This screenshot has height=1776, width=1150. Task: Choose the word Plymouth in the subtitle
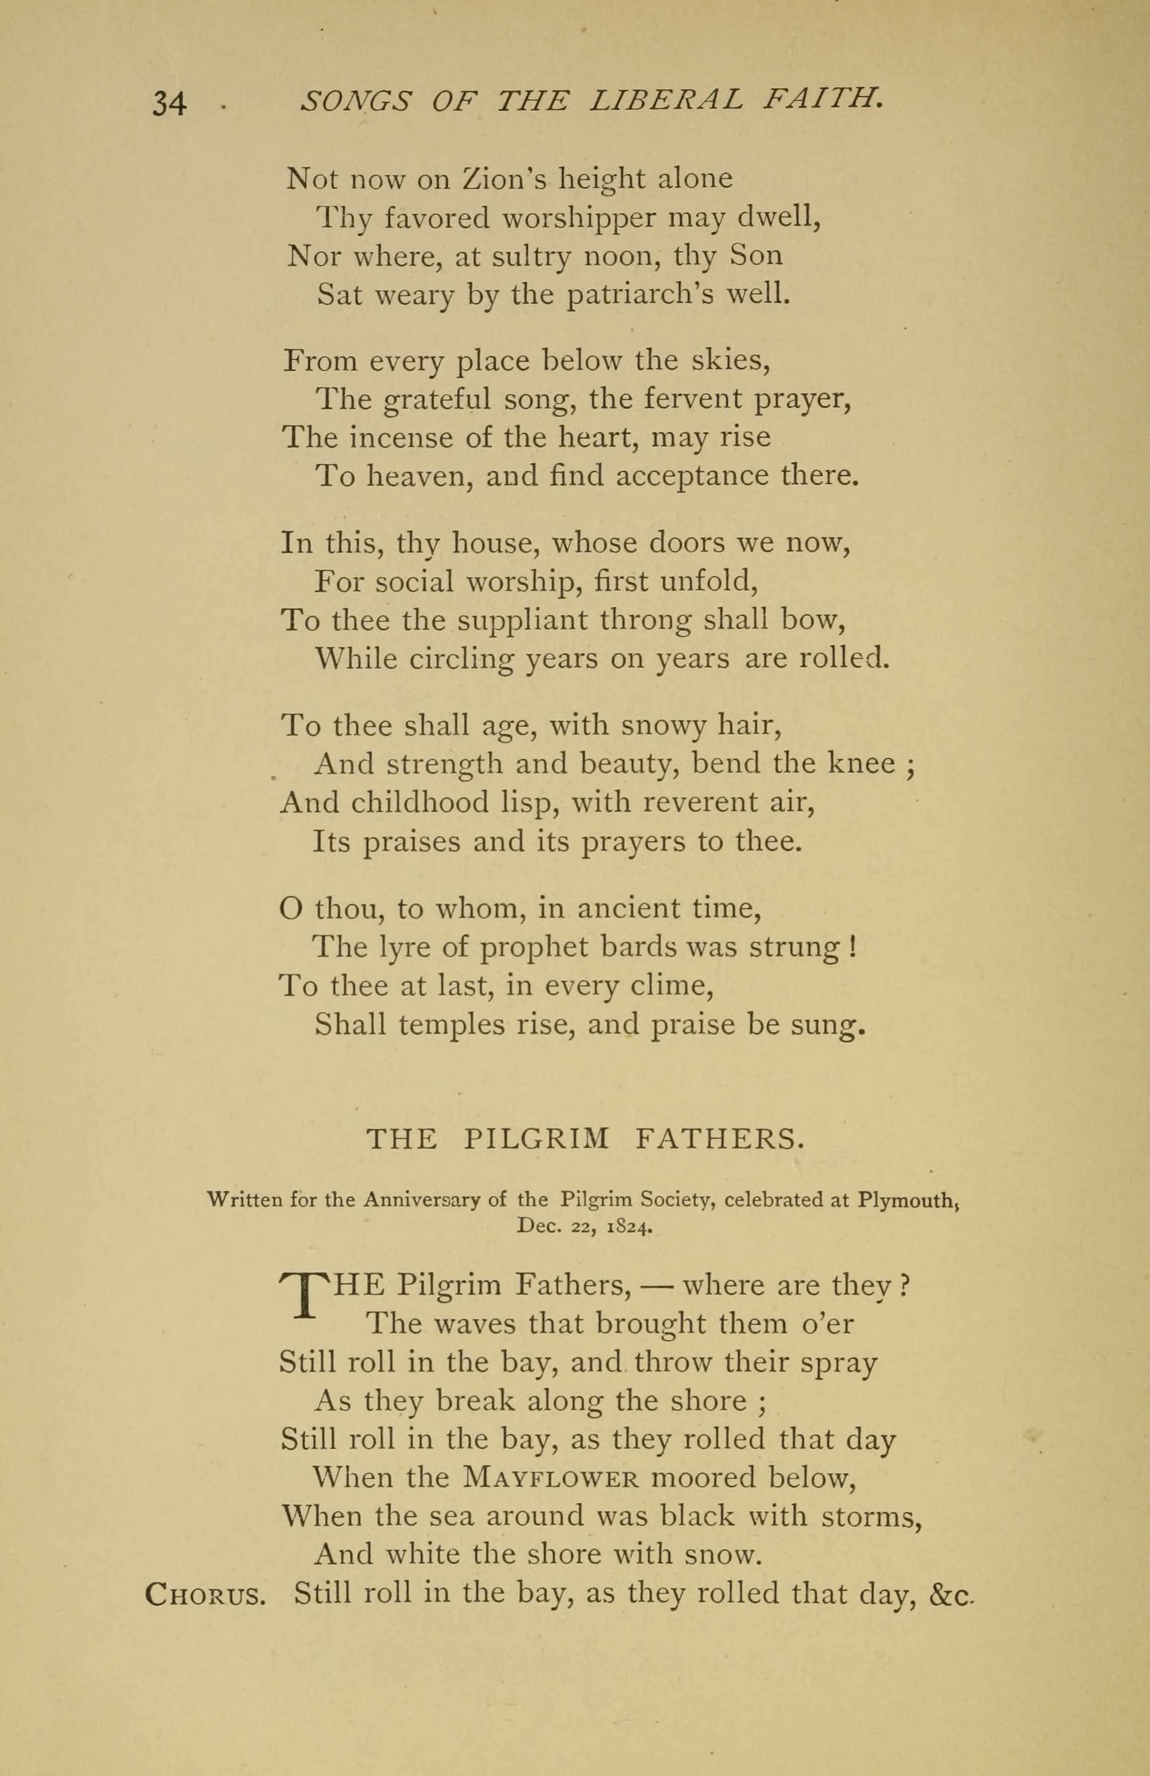tap(907, 1200)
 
